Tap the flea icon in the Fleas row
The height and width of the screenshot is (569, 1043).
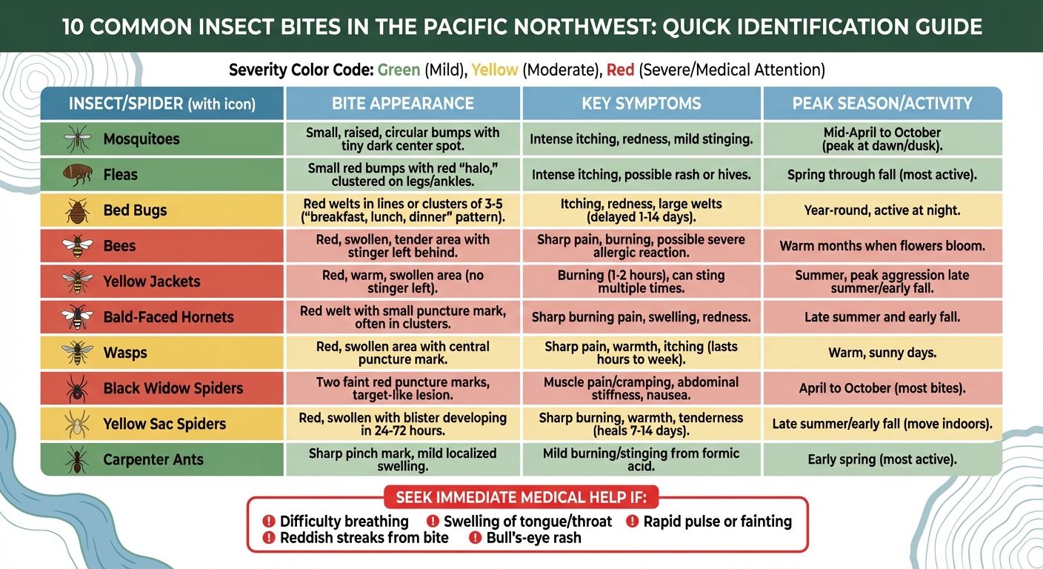[77, 175]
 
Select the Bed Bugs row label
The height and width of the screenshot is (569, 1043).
[135, 210]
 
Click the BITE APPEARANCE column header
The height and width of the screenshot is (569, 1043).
[403, 104]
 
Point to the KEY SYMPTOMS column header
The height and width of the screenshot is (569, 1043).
[642, 104]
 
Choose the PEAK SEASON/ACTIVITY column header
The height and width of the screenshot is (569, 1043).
[882, 104]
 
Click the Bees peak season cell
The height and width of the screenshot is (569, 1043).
[882, 246]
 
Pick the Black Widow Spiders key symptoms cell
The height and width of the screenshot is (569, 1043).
[642, 388]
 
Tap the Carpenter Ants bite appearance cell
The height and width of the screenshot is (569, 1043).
[403, 459]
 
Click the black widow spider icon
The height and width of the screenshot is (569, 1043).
[77, 388]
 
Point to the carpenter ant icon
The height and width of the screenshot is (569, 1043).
[77, 459]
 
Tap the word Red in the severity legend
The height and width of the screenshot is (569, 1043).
[620, 70]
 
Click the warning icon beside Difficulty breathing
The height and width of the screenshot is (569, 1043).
[269, 521]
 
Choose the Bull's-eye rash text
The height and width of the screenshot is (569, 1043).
[533, 538]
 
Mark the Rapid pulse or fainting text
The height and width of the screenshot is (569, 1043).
[717, 522]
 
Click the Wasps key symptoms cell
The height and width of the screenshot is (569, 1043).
[642, 353]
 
